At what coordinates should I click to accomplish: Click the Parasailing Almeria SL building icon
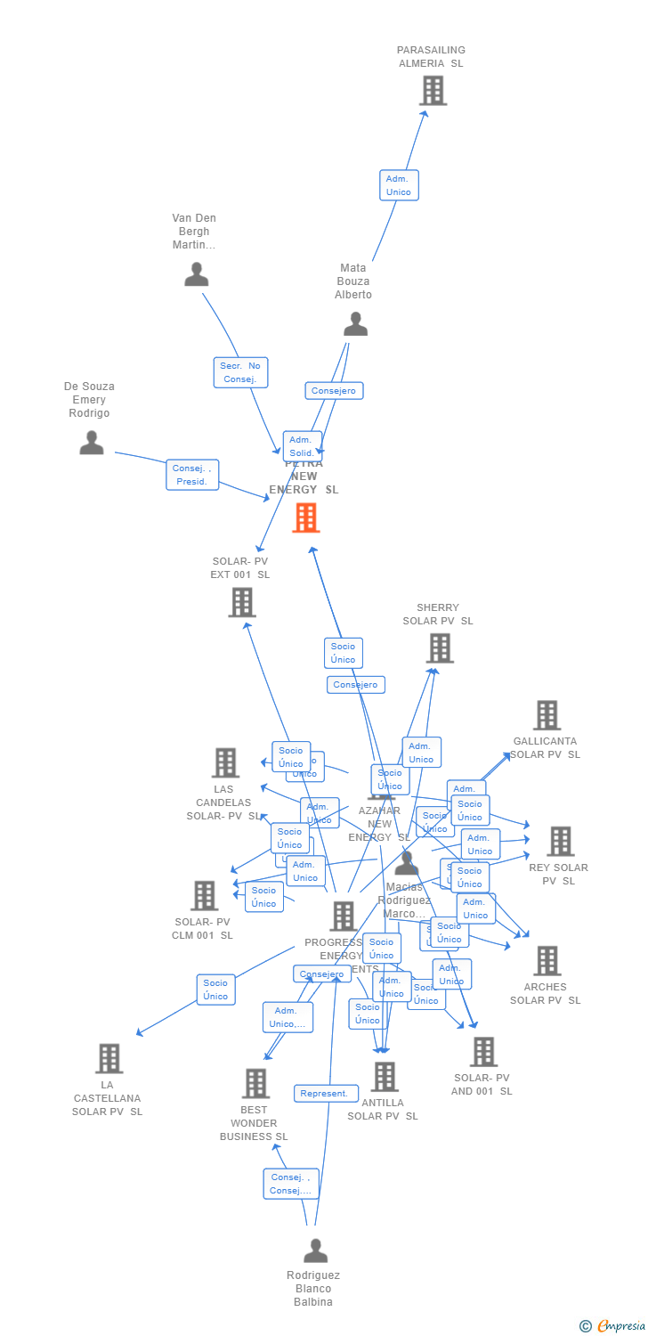[x=433, y=91]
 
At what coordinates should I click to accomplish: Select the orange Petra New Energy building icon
[x=305, y=517]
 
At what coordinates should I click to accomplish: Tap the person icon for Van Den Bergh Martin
[x=196, y=274]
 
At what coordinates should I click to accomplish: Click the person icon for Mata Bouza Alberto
[x=355, y=324]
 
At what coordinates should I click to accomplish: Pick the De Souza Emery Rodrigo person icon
[x=91, y=443]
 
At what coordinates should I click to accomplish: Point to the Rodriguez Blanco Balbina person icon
[x=315, y=1250]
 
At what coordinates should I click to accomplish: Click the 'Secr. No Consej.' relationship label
[x=240, y=372]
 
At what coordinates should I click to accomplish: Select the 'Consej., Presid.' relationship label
[x=191, y=475]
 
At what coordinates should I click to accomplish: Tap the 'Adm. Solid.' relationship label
[x=302, y=445]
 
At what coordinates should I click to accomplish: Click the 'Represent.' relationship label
[x=326, y=1094]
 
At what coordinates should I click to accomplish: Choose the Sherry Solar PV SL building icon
[x=440, y=648]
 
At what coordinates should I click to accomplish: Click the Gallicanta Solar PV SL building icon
[x=547, y=715]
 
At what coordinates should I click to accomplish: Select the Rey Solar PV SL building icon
[x=560, y=841]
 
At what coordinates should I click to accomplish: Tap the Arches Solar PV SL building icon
[x=547, y=961]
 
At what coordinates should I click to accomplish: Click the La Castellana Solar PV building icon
[x=109, y=1059]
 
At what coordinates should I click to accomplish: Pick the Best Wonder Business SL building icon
[x=255, y=1084]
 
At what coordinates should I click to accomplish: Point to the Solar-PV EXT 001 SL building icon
[x=241, y=602]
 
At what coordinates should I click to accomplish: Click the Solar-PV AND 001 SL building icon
[x=482, y=1052]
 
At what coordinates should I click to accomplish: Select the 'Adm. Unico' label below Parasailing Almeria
[x=399, y=185]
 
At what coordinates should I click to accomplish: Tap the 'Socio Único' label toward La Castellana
[x=215, y=990]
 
